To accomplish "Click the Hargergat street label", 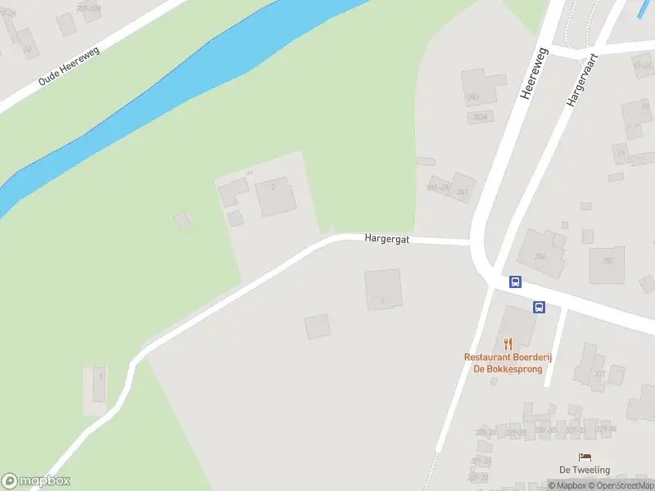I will pos(386,239).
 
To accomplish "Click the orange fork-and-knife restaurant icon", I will pos(508,344).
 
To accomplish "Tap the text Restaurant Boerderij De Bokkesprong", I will pos(503,363).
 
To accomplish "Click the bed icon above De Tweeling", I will pos(585,457).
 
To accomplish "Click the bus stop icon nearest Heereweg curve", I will pos(515,282).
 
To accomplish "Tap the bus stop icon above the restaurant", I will pos(539,307).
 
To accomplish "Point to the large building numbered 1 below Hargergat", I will pos(383,291).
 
